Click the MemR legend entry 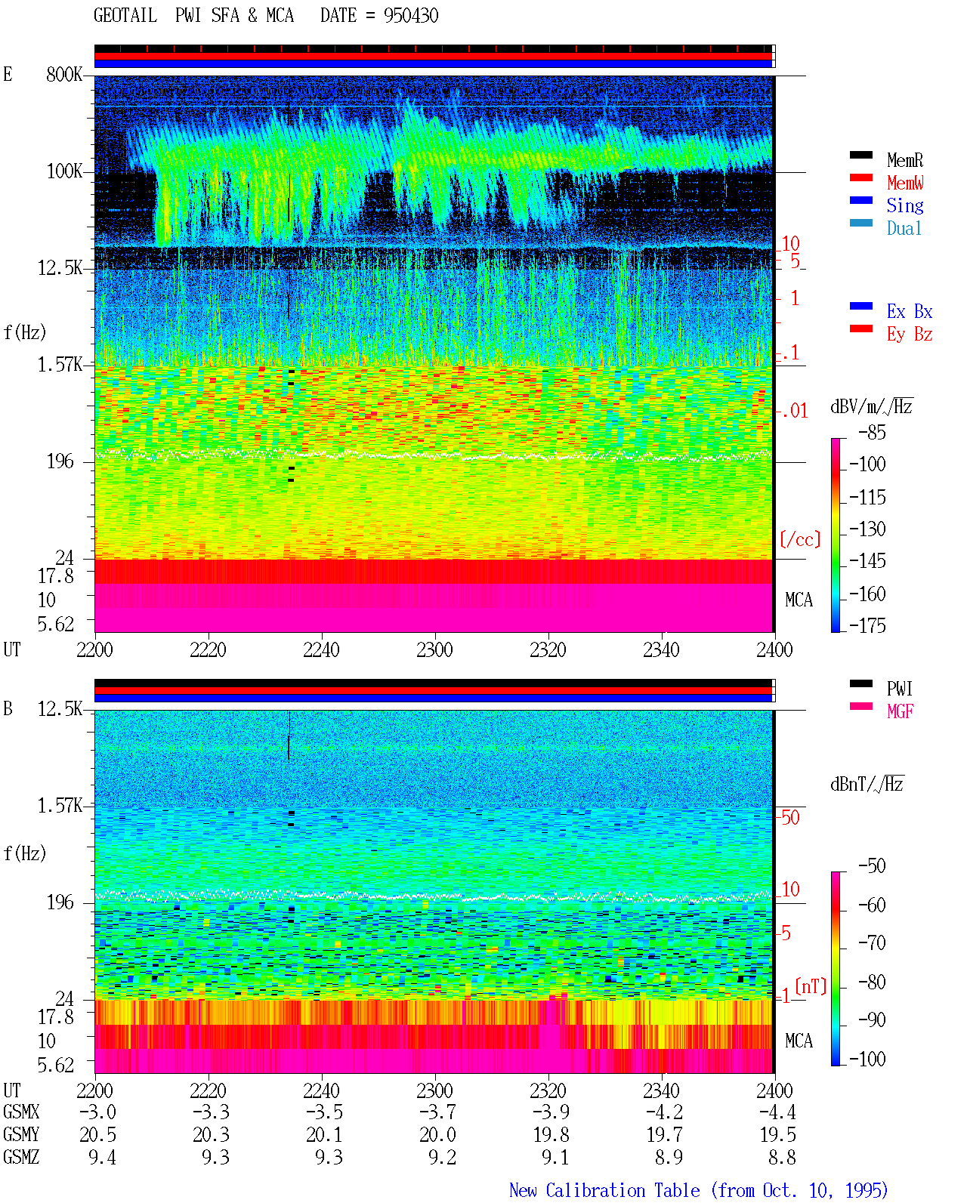point(904,160)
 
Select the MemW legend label point(905,183)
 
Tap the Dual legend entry point(904,228)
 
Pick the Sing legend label point(904,205)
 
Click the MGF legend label point(900,711)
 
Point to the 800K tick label point(63,74)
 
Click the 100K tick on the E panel point(63,171)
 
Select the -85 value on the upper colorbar point(872,432)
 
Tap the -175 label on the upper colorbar point(867,625)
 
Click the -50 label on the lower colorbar point(872,866)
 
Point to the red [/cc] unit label point(800,539)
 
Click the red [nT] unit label point(811,986)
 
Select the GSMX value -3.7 point(437,1112)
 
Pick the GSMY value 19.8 point(551,1134)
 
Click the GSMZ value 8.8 point(782,1157)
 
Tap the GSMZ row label point(21,1157)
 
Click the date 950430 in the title point(411,16)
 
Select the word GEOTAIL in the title point(125,15)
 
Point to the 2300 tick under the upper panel point(434,649)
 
